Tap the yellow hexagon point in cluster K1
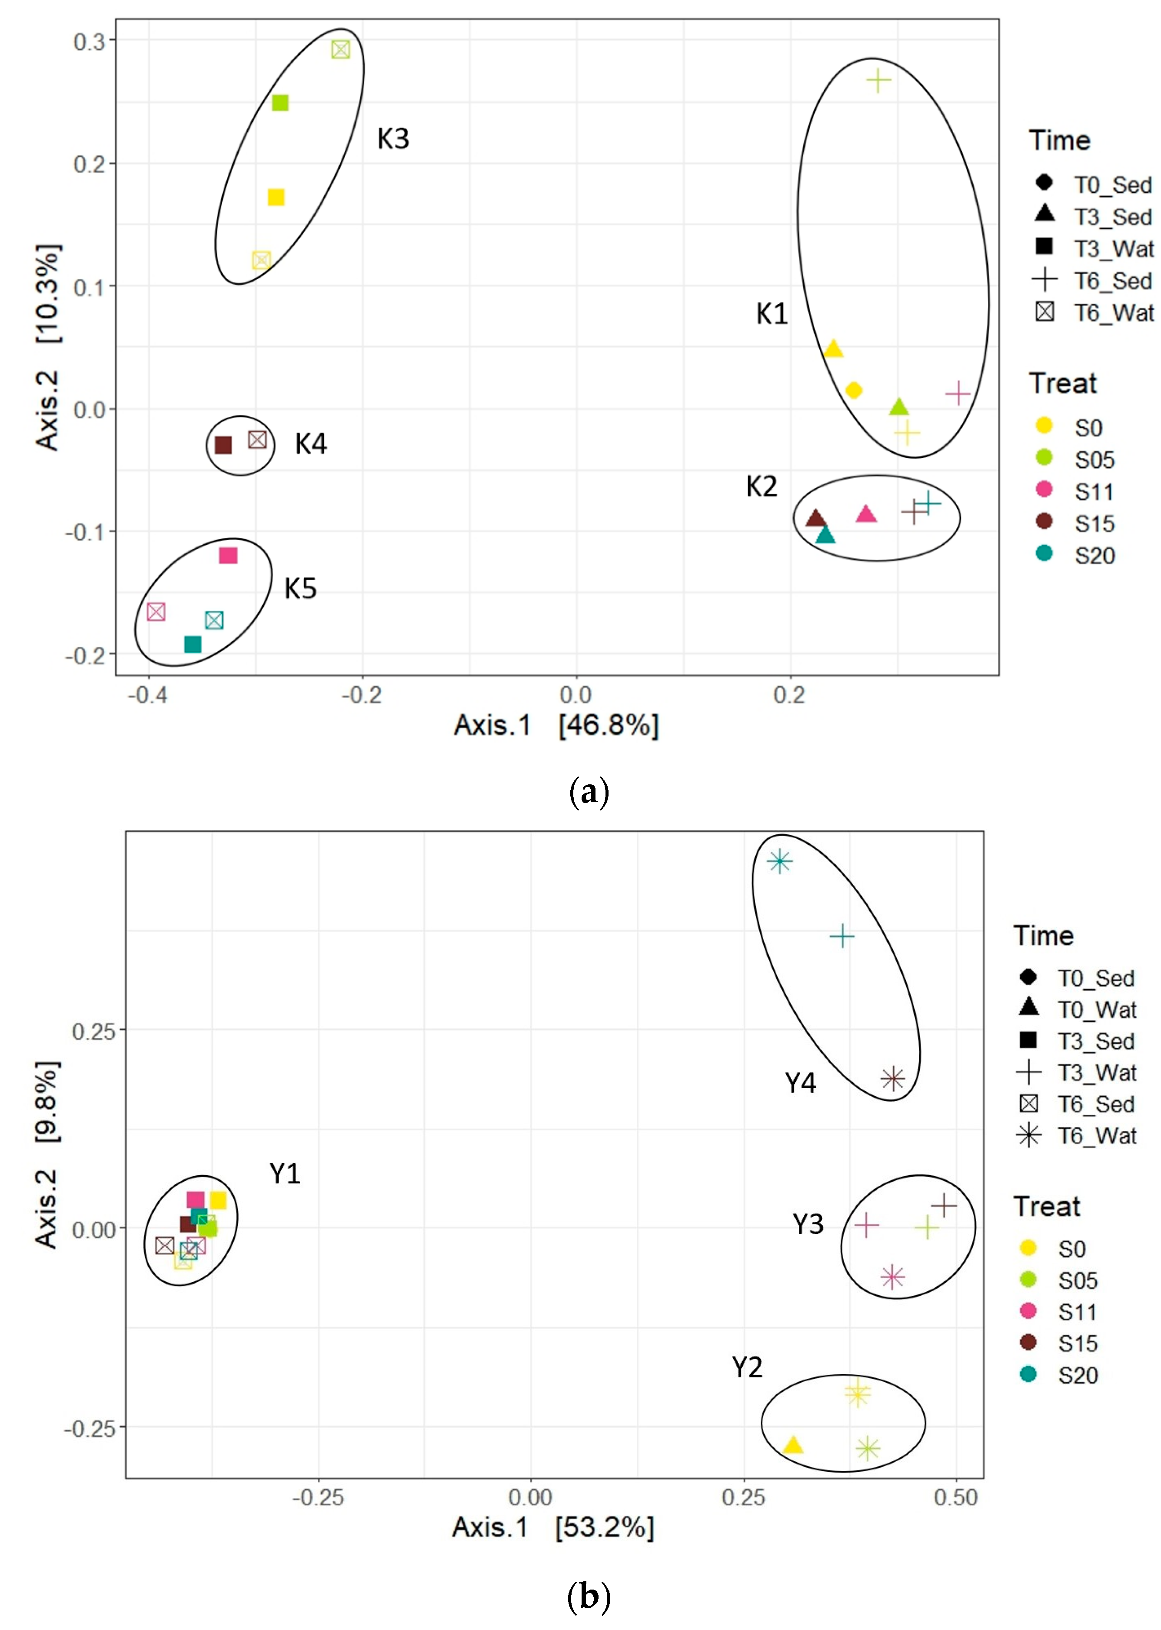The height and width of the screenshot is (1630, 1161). [x=853, y=390]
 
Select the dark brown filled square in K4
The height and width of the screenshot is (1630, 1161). [x=223, y=445]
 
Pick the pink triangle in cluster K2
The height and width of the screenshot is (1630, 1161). [x=866, y=514]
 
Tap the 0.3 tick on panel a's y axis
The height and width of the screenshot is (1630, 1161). [x=90, y=41]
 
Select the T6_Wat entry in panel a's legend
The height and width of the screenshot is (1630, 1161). [x=1094, y=313]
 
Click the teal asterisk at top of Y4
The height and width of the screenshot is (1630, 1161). [x=779, y=861]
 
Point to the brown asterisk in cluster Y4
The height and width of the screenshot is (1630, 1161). [x=892, y=1078]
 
